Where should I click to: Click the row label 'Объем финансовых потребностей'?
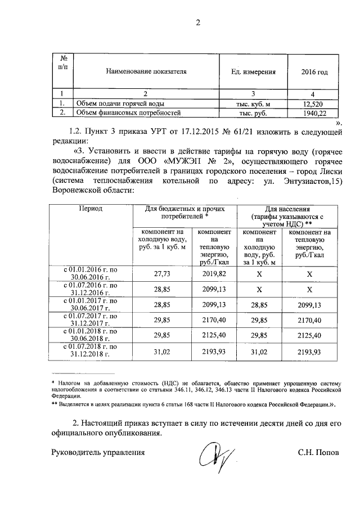coord(129,113)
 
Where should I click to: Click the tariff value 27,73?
coord(162,273)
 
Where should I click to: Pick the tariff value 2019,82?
coord(214,273)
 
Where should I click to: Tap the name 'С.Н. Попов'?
coord(319,452)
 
